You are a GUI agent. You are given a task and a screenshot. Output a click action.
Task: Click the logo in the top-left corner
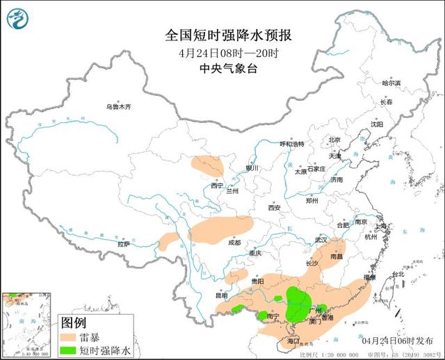[x=17, y=17]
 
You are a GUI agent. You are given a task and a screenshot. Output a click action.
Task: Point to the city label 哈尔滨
[x=392, y=83]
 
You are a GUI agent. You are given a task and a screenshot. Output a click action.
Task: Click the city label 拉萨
[x=123, y=244]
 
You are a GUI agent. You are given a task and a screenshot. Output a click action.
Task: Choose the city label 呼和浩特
[x=292, y=144]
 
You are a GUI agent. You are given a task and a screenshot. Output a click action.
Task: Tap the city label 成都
[x=234, y=243]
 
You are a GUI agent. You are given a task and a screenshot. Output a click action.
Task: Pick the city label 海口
[x=293, y=341]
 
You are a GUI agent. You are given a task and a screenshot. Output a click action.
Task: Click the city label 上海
[x=380, y=226]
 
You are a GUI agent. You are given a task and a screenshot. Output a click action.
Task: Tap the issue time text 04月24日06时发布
[x=398, y=341]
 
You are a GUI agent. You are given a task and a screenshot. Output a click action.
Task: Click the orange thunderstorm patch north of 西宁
[x=208, y=165]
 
